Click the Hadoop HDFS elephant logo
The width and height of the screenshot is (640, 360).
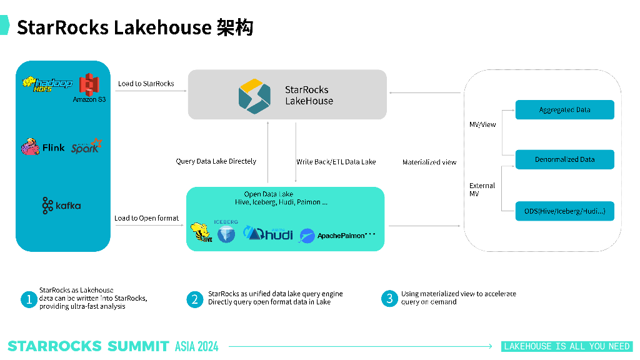pos(47,84)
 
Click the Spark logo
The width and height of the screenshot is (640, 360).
pos(86,147)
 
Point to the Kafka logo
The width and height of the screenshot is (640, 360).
pos(61,205)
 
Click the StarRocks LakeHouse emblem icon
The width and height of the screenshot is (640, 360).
pos(254,95)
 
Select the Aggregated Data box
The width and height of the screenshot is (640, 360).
pos(564,110)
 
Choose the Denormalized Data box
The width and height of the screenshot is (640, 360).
pos(564,159)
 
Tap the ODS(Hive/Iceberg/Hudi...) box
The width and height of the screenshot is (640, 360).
pos(564,211)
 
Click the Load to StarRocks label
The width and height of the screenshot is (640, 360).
pos(146,84)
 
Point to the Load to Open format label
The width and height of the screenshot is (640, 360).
pos(146,218)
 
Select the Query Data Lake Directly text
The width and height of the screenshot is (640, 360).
pos(216,161)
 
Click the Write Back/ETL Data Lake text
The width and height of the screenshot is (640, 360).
pos(336,162)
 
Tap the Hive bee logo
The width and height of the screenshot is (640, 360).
pos(201,232)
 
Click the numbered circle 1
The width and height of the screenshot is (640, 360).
pos(28,299)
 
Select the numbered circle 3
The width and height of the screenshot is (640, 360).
pos(389,298)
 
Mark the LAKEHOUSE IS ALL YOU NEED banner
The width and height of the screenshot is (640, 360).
pos(567,346)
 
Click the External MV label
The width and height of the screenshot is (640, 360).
pos(482,189)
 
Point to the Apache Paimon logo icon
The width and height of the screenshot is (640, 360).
pos(307,236)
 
